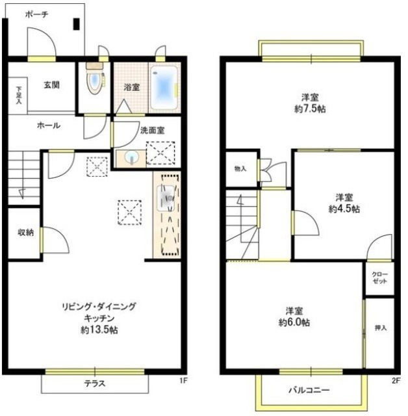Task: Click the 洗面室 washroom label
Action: (x=152, y=130)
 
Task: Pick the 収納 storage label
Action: (x=25, y=232)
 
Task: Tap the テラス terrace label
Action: (x=94, y=383)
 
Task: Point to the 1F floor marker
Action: (x=184, y=380)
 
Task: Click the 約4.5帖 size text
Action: (x=344, y=209)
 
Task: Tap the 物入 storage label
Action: (x=240, y=169)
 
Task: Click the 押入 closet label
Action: (x=381, y=328)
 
